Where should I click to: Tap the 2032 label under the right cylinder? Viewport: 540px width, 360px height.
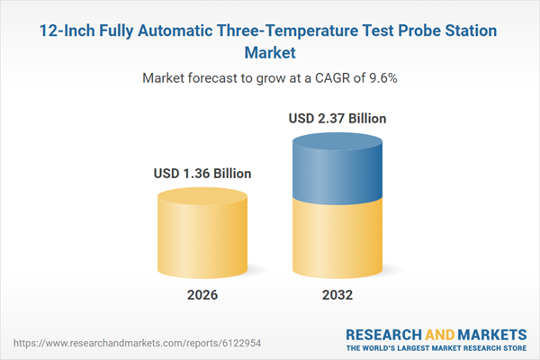click(x=335, y=294)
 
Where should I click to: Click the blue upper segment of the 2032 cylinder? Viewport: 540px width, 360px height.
click(x=335, y=175)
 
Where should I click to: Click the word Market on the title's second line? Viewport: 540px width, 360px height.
click(x=270, y=53)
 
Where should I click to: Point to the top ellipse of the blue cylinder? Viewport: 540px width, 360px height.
click(x=335, y=144)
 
